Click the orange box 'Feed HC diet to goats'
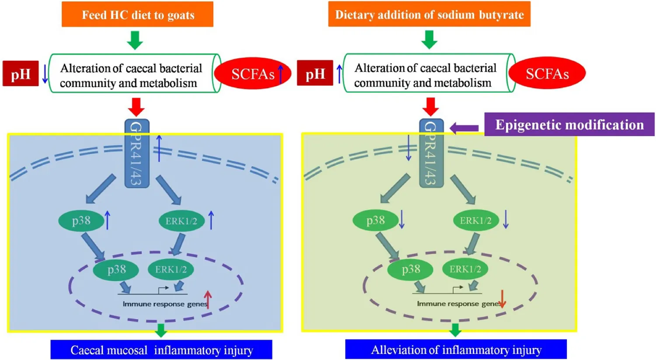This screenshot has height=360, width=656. (x=137, y=14)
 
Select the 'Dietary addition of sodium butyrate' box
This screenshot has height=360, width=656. (x=429, y=14)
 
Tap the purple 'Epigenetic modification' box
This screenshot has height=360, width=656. (x=569, y=125)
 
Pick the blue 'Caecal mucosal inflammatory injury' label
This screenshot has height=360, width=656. (x=161, y=350)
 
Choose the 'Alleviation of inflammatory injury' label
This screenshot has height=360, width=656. (x=456, y=350)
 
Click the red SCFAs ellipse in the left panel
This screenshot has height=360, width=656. (x=252, y=73)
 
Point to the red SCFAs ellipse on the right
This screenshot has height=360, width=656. (x=547, y=73)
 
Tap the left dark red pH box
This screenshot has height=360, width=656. (x=21, y=73)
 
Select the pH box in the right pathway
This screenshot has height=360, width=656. (x=315, y=73)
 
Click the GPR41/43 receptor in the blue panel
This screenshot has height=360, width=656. (x=137, y=153)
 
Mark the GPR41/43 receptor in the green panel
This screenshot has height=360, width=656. (x=431, y=153)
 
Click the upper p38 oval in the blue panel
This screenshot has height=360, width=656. (x=81, y=220)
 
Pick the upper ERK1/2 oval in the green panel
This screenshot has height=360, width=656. (x=475, y=220)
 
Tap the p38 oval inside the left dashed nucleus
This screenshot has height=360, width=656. (x=116, y=269)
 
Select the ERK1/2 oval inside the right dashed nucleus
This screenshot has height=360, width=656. (x=465, y=269)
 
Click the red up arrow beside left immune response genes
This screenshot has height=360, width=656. (x=208, y=300)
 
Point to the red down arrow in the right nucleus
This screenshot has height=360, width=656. (x=502, y=299)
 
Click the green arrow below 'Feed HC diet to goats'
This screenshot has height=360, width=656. (x=135, y=40)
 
